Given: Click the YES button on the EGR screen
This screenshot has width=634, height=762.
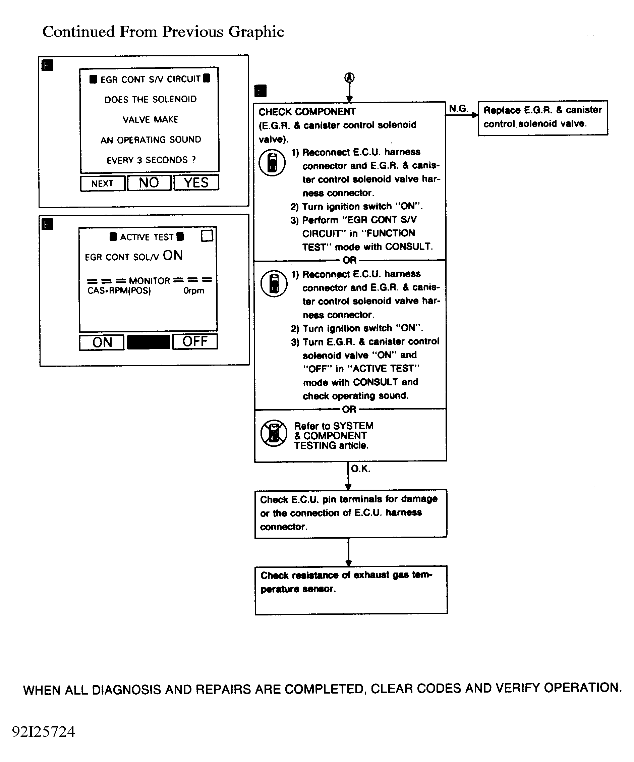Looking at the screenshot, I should tap(196, 182).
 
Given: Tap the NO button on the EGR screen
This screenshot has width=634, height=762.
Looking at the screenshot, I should tap(149, 182).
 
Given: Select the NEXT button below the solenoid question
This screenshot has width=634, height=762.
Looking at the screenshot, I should tap(103, 183).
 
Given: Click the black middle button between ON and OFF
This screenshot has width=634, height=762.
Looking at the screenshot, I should tap(148, 342).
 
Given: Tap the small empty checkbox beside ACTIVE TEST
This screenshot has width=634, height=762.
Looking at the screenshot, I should tap(207, 236).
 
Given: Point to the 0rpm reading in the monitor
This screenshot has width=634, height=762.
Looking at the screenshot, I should tap(194, 291).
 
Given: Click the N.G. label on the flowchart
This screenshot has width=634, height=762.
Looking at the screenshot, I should tap(458, 108).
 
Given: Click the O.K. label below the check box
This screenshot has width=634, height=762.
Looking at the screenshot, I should tap(360, 469).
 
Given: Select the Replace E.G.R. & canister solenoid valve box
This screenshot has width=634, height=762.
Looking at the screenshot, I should tap(542, 118).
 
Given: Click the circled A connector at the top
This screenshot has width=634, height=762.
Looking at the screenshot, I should tap(349, 77).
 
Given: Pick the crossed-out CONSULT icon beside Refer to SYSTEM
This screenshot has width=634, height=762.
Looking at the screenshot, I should tap(274, 433).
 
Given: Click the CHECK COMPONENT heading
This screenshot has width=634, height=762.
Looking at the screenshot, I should tap(307, 111).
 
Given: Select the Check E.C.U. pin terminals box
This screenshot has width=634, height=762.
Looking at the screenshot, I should tap(350, 513).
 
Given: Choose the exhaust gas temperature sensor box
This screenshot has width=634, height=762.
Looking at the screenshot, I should tap(351, 589).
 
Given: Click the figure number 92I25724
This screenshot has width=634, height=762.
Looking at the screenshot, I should tap(44, 732).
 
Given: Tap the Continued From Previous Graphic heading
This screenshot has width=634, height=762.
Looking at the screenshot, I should tap(163, 32).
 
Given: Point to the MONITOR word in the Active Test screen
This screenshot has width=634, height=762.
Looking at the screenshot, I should tap(150, 281).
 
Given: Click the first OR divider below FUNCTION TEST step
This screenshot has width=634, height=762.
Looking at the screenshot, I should tap(350, 260).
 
